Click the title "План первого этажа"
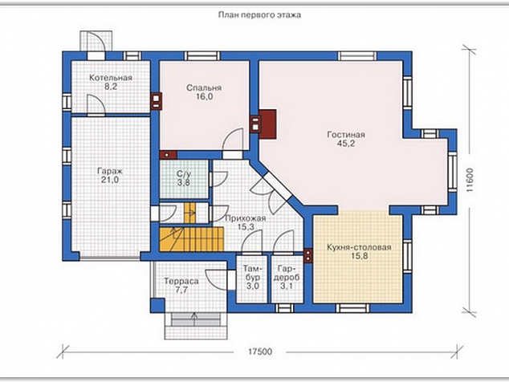(x=259, y=15)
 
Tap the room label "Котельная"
(x=111, y=78)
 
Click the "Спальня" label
(x=204, y=88)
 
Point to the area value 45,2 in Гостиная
(x=346, y=144)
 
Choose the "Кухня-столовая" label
(x=359, y=247)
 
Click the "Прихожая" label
(x=246, y=218)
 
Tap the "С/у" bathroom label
(x=183, y=174)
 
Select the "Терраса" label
(x=181, y=282)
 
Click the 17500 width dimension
(x=260, y=352)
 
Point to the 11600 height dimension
(x=470, y=180)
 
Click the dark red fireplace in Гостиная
(x=267, y=124)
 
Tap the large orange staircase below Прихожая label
(x=192, y=239)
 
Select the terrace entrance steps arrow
(x=194, y=319)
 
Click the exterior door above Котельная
(x=96, y=42)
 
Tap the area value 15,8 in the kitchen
(x=359, y=256)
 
